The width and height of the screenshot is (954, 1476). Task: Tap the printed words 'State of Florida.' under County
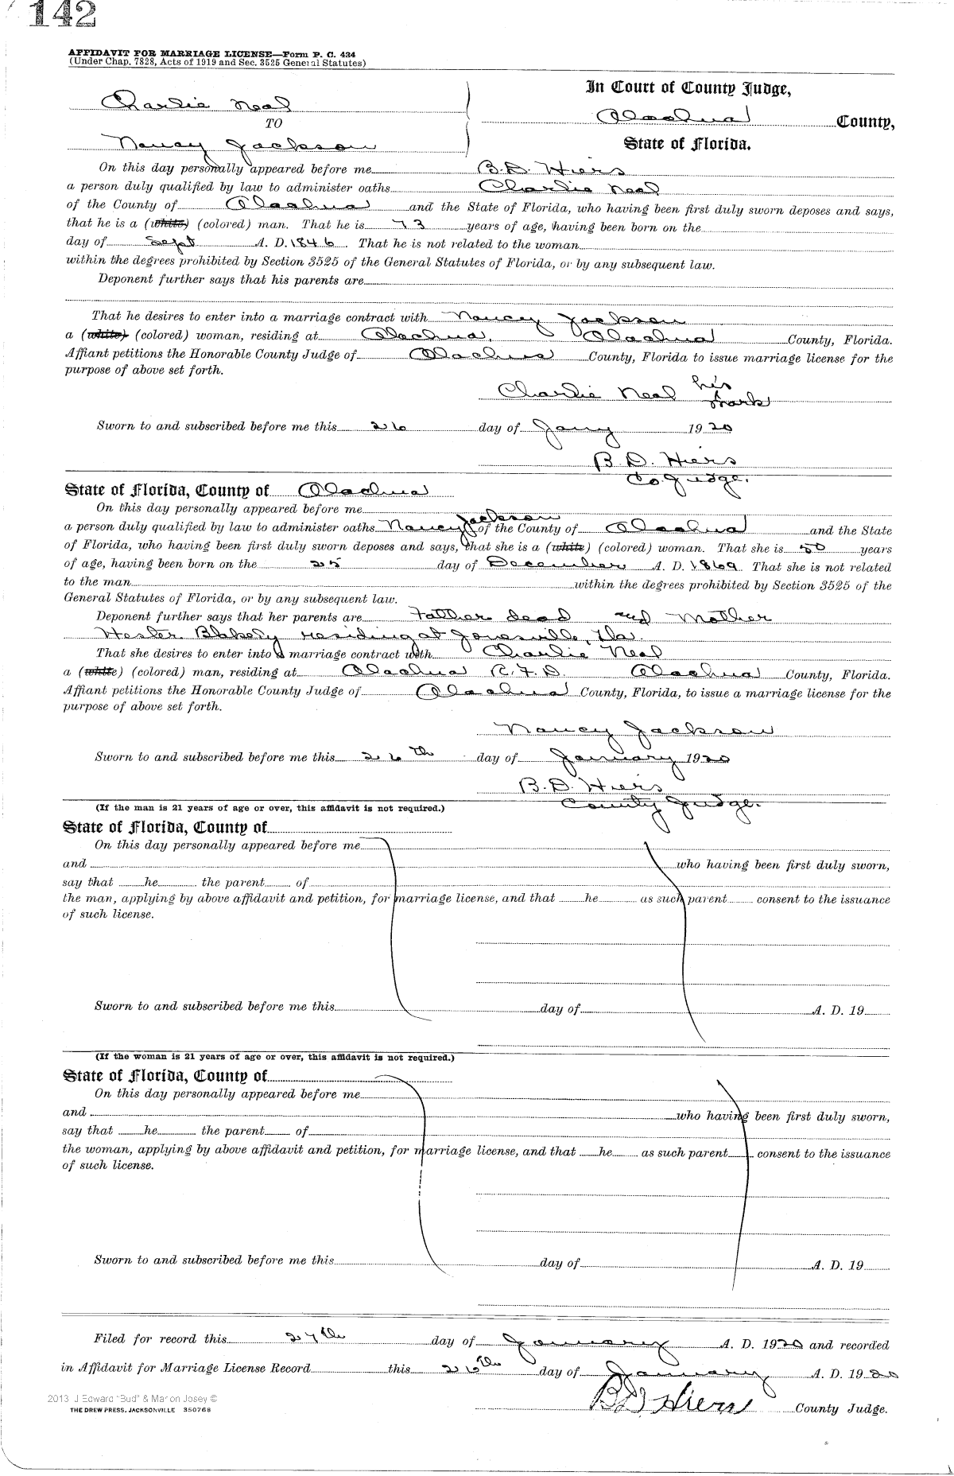point(683,145)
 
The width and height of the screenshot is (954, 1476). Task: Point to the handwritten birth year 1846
point(327,243)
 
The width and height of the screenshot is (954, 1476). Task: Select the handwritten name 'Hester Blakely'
point(160,635)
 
